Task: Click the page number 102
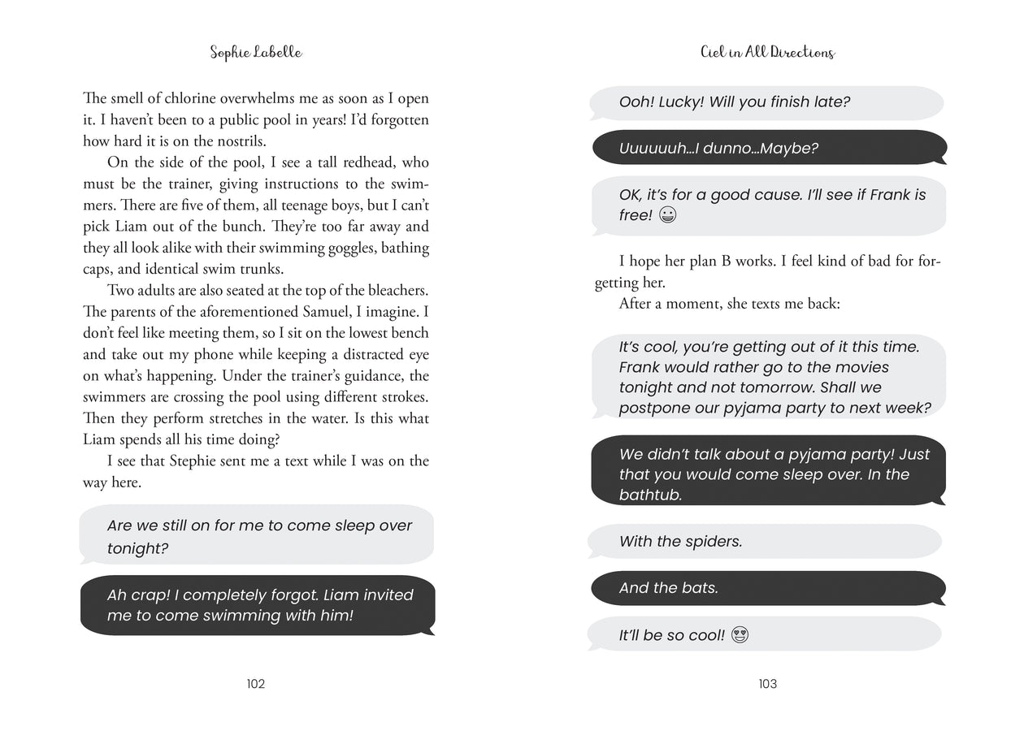click(x=256, y=684)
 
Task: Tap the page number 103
click(x=767, y=684)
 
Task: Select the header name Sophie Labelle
click(x=255, y=53)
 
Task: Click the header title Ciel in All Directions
click(x=767, y=53)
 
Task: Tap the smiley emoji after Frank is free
click(x=668, y=216)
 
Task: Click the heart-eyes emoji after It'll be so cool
click(x=740, y=635)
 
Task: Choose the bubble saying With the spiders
click(x=764, y=541)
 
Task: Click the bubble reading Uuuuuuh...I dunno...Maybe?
click(x=768, y=149)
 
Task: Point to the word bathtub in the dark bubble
click(x=650, y=495)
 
